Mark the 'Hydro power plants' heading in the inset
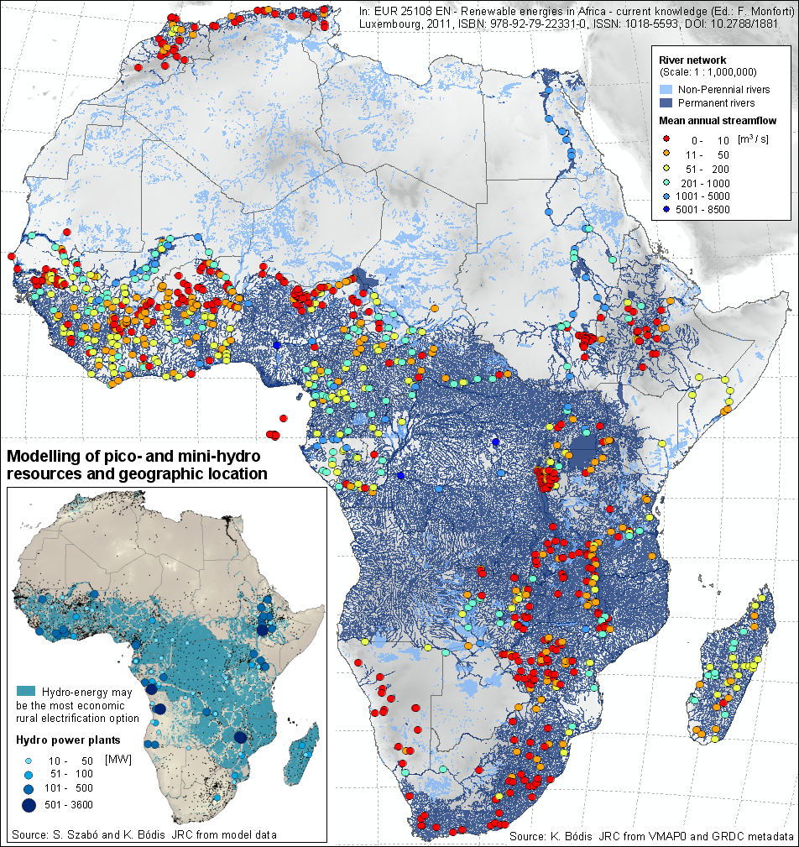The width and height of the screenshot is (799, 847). click(65, 740)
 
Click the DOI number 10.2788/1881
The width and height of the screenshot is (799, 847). click(746, 24)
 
